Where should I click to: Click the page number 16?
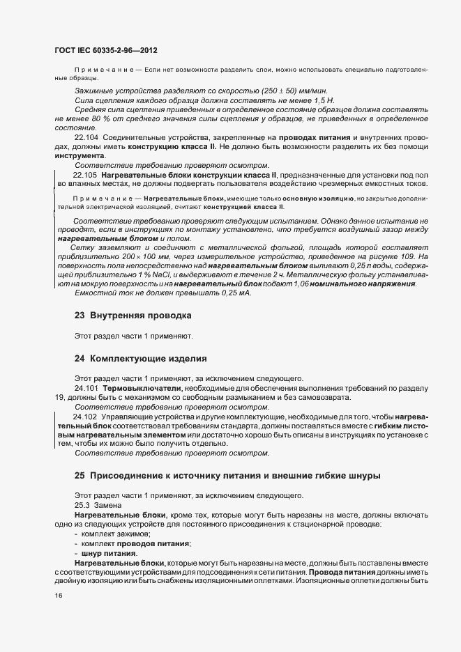pyautogui.click(x=58, y=595)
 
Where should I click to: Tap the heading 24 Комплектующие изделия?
pyautogui.click(x=140, y=359)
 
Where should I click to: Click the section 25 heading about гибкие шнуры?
pyautogui.click(x=227, y=475)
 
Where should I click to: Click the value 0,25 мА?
pyautogui.click(x=234, y=293)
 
